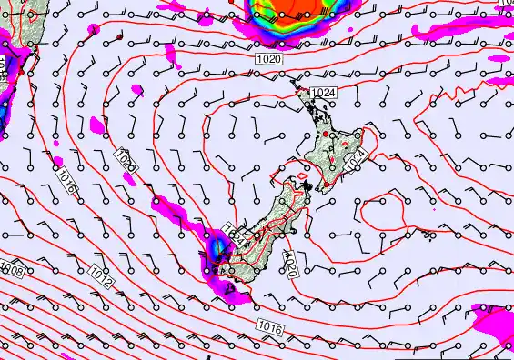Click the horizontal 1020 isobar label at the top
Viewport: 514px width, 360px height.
(x=268, y=58)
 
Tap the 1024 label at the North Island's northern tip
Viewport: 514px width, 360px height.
(x=322, y=93)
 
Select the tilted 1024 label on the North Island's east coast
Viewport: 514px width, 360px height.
(x=357, y=159)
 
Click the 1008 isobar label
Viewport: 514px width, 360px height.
(x=12, y=269)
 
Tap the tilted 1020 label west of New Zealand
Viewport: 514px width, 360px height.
(x=126, y=158)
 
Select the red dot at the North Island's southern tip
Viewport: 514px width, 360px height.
(x=310, y=187)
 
